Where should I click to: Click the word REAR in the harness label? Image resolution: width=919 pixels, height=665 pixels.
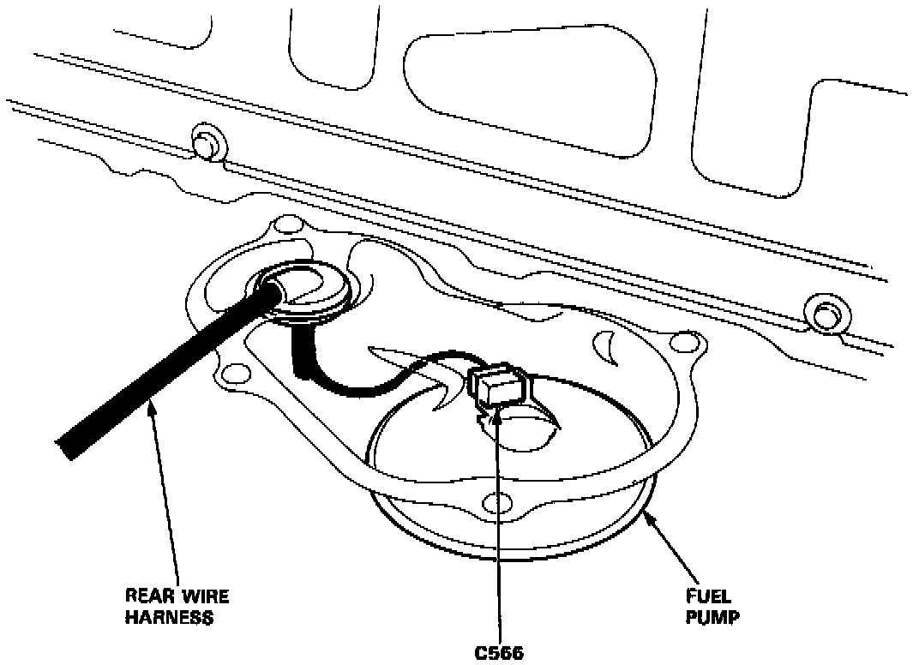pos(147,596)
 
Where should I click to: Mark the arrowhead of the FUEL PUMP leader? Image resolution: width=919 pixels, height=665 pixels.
pos(647,514)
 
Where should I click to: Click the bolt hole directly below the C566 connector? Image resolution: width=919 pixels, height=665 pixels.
pos(494,502)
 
